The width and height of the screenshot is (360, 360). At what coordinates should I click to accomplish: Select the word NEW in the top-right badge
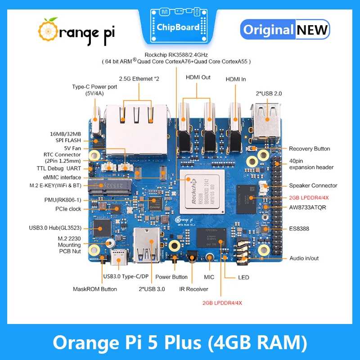[312, 30]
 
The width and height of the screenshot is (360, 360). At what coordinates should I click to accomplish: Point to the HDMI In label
[235, 79]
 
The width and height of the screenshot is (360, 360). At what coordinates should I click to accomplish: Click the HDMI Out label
[198, 77]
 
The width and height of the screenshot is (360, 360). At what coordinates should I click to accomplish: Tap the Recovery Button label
[309, 148]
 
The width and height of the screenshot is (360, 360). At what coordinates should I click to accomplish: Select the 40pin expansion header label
[311, 163]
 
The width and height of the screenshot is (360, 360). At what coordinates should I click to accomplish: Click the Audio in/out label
[304, 258]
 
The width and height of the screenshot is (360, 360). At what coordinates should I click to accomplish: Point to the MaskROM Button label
[95, 289]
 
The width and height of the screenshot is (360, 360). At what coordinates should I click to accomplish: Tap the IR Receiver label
[193, 289]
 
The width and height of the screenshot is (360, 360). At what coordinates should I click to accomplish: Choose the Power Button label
[171, 277]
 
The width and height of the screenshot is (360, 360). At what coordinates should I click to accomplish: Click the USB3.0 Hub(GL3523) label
[59, 228]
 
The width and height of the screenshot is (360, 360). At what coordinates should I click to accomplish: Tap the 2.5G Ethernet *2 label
[139, 78]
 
